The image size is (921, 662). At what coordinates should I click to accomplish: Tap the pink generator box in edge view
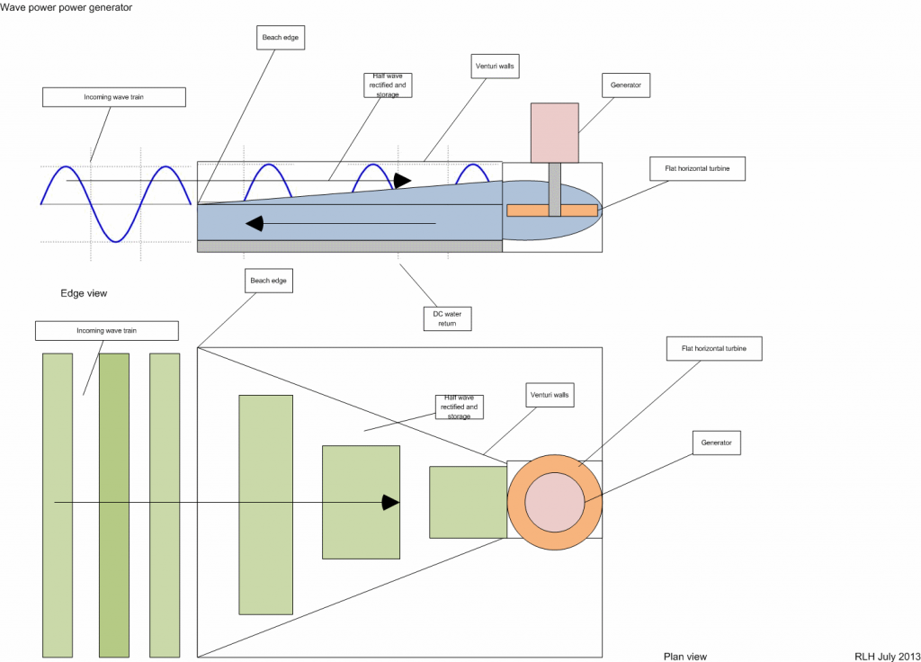tap(554, 132)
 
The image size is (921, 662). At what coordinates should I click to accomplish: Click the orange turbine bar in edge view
tap(552, 210)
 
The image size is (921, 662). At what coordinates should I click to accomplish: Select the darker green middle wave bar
tap(114, 504)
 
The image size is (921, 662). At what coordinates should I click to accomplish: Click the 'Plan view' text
tap(684, 657)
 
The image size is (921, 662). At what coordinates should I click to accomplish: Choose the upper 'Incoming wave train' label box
tap(114, 97)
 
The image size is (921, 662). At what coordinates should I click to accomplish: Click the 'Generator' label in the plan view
tap(716, 443)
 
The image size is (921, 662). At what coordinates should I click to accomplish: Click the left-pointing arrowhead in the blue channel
tap(255, 223)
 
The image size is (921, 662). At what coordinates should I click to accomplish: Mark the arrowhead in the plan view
tap(390, 502)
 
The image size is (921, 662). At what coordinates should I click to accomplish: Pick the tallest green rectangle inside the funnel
tap(265, 504)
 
